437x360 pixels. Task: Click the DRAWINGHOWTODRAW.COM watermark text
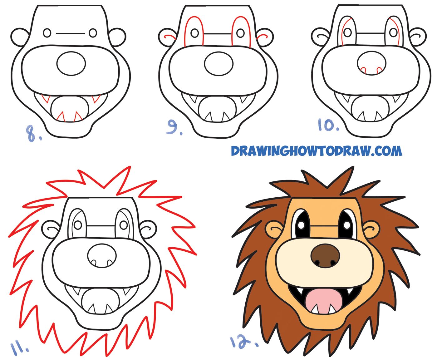click(316, 151)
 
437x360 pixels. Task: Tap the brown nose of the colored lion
click(325, 256)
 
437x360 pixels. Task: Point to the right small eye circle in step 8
click(93, 32)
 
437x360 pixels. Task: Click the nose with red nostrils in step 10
click(371, 63)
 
